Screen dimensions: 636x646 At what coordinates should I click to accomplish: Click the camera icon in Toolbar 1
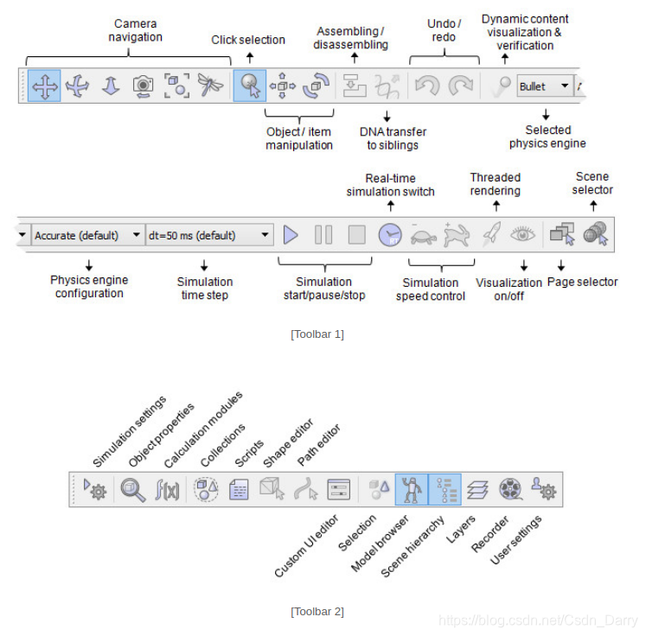pyautogui.click(x=143, y=86)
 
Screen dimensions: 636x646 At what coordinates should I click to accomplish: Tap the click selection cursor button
pyautogui.click(x=250, y=86)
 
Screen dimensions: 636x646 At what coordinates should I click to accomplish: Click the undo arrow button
pyautogui.click(x=426, y=86)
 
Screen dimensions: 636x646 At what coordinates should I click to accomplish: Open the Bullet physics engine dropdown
pyautogui.click(x=544, y=86)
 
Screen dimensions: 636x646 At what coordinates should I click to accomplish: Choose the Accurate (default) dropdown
pyautogui.click(x=87, y=235)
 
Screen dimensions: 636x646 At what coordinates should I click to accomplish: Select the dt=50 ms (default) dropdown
pyautogui.click(x=209, y=235)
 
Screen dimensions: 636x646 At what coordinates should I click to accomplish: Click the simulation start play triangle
pyautogui.click(x=291, y=234)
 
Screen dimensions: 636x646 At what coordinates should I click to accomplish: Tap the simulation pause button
pyautogui.click(x=323, y=234)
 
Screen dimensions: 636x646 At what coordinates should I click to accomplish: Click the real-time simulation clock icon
pyautogui.click(x=390, y=234)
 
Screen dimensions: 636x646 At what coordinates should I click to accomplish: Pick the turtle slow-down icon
pyautogui.click(x=423, y=234)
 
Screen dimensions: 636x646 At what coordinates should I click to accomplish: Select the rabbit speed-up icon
pyautogui.click(x=455, y=234)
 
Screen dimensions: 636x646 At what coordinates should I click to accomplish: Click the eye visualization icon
pyautogui.click(x=521, y=234)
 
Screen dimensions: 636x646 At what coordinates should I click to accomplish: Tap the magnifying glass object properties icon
pyautogui.click(x=132, y=490)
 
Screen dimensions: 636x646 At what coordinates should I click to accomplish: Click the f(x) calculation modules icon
pyautogui.click(x=166, y=490)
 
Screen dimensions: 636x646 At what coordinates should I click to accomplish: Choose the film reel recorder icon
pyautogui.click(x=510, y=490)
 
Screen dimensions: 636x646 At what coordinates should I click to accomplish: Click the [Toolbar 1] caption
pyautogui.click(x=317, y=334)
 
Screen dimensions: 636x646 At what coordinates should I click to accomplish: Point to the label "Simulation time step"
pyautogui.click(x=205, y=287)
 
